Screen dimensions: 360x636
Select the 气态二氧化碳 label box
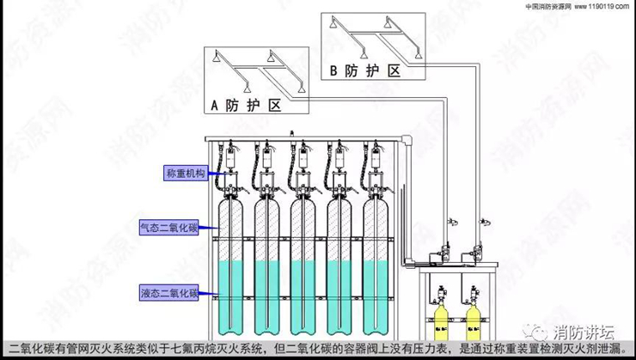click(x=169, y=228)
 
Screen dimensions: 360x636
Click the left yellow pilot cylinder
click(x=439, y=320)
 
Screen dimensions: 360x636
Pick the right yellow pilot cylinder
click(x=470, y=320)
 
